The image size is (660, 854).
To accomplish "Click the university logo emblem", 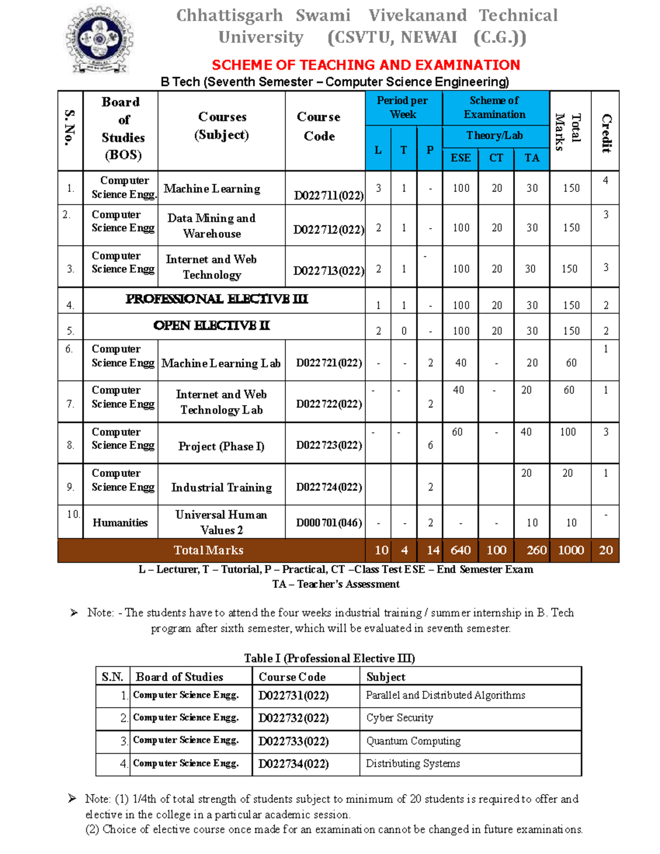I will [x=100, y=40].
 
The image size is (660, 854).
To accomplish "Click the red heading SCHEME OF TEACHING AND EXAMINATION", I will [x=366, y=65].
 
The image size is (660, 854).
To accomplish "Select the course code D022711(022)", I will [x=328, y=195].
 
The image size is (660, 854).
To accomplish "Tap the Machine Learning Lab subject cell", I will [x=221, y=363].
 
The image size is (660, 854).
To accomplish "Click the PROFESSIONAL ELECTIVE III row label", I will [x=217, y=299].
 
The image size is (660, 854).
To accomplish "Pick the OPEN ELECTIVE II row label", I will [x=212, y=326].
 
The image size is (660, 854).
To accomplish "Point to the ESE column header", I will [x=460, y=158].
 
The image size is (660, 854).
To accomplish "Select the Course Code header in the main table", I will [x=319, y=126].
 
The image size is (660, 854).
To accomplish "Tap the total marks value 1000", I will [x=570, y=550].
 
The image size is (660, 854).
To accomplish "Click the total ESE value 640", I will [x=460, y=550].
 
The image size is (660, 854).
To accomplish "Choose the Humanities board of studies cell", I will [x=120, y=522].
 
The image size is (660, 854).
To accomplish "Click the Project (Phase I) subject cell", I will [x=221, y=446].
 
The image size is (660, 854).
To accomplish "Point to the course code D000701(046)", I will [x=329, y=522].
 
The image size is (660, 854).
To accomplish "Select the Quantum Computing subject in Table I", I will [x=414, y=741].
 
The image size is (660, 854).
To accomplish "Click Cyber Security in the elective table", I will [x=400, y=718].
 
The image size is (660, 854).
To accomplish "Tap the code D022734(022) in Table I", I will [x=294, y=764].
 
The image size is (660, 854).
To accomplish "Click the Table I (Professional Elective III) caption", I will [x=329, y=658].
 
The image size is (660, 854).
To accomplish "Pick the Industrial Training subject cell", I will [x=221, y=487].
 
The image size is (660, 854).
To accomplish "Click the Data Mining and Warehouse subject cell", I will [x=212, y=225].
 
